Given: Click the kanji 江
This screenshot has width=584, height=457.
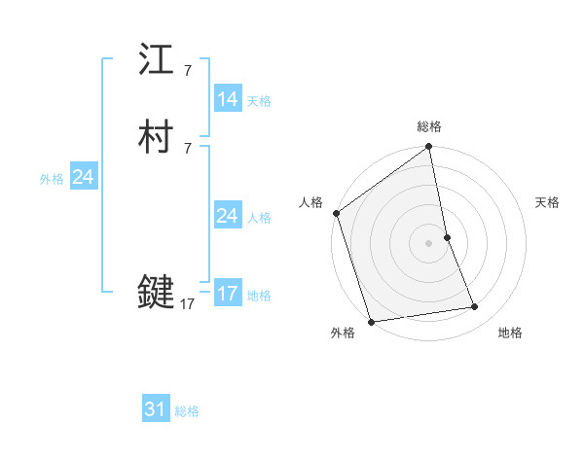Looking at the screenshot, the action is coord(157,62).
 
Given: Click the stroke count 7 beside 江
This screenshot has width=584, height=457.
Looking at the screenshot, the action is coord(188,71).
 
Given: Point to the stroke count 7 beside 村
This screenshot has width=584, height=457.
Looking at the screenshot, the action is coord(188,148).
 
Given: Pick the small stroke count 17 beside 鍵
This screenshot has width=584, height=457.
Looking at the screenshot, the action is coord(188,304).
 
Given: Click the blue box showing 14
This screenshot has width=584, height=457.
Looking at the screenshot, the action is coord(228,99).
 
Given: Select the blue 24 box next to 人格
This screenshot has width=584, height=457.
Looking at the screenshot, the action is coord(228,216).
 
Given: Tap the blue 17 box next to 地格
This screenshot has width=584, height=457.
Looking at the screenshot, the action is coord(228,294).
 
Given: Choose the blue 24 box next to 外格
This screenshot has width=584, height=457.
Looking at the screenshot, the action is coord(84,177).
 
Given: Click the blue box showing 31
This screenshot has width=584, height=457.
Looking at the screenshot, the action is coord(156,409).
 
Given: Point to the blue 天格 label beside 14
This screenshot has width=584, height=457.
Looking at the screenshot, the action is coord(259,101).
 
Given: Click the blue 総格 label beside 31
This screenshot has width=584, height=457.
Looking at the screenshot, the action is coord(187,411).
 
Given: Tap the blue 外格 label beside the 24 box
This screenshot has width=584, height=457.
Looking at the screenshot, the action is coord(52,179).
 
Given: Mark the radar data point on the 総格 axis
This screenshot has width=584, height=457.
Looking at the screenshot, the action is coord(429,148).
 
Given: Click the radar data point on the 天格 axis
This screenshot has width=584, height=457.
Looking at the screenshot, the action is coord(447,237).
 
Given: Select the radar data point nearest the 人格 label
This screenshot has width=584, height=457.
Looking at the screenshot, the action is coord(337,213).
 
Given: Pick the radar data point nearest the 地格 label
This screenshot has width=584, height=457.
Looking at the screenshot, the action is coord(475,307).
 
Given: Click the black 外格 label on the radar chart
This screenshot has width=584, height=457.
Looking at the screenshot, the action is coord(343,333).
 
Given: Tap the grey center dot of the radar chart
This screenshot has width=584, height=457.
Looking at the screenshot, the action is coord(429,243).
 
